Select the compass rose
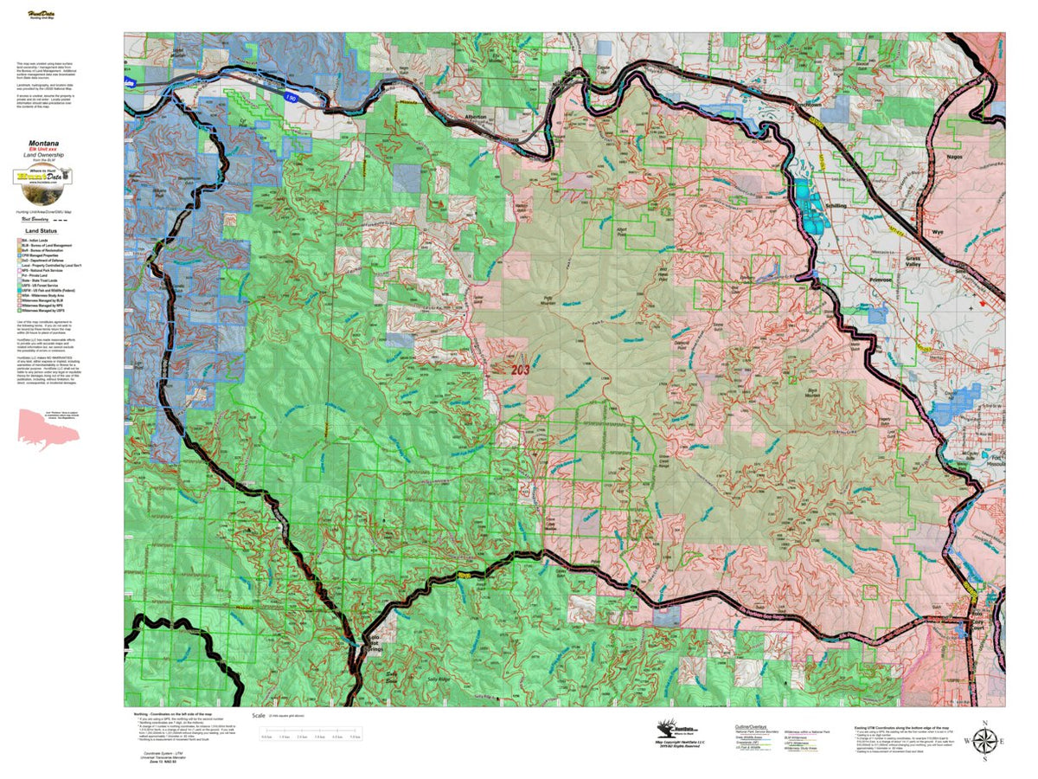coord(984,741)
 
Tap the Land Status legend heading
coord(42,232)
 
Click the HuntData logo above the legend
coord(42,177)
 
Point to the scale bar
coord(310,731)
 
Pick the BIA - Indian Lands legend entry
coord(39,241)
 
